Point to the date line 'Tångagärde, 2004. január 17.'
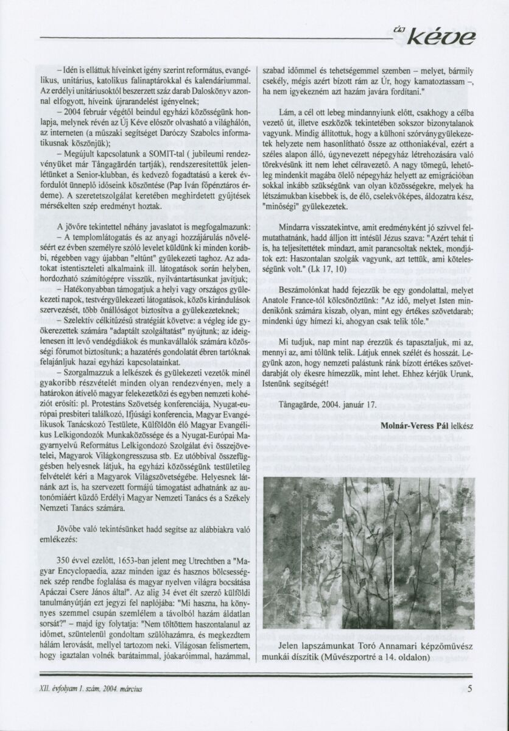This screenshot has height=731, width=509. coord(329,403)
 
